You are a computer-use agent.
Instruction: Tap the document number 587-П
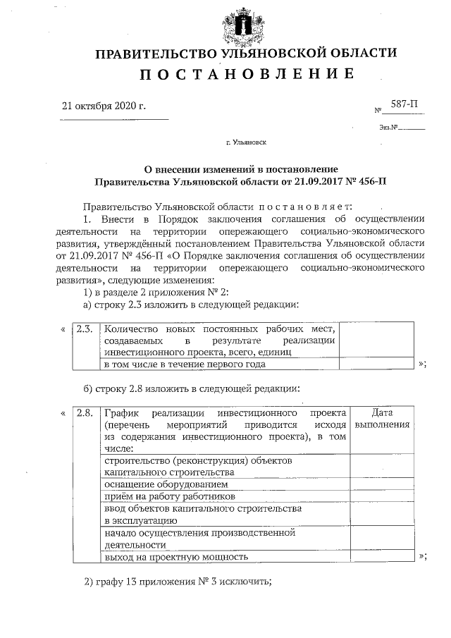[x=404, y=104]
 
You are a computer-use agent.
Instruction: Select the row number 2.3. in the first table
[x=85, y=329]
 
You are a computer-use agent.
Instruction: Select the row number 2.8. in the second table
[x=85, y=412]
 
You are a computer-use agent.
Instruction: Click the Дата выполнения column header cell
[x=381, y=419]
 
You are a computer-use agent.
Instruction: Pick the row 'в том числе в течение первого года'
[x=185, y=364]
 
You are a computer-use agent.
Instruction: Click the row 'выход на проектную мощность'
[x=176, y=556]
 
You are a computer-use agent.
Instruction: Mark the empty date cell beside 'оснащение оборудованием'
[x=381, y=485]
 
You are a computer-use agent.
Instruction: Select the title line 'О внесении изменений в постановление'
[x=241, y=169]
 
